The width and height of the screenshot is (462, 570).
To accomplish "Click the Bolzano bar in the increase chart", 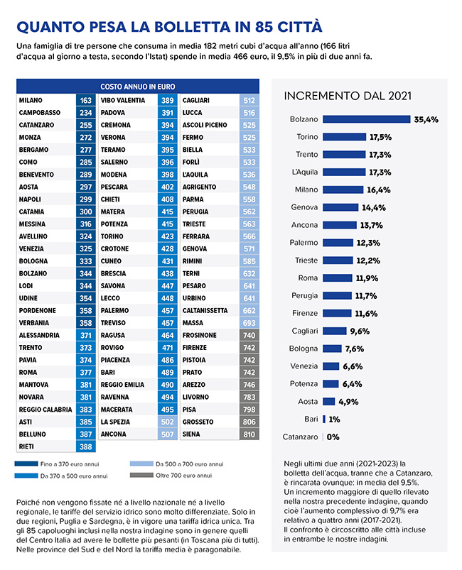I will [367, 119].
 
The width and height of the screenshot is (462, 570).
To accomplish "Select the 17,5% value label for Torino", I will [380, 137].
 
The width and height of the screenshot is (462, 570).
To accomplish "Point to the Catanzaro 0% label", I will [333, 437].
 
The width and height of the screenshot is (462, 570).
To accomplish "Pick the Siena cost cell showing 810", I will [249, 434].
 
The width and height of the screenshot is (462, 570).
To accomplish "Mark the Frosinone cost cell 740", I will [249, 335].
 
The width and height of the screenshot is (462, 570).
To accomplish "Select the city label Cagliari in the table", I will [196, 101].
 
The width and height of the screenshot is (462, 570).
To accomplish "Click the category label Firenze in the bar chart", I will [304, 313].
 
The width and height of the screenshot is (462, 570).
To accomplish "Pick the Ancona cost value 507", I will [167, 434].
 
